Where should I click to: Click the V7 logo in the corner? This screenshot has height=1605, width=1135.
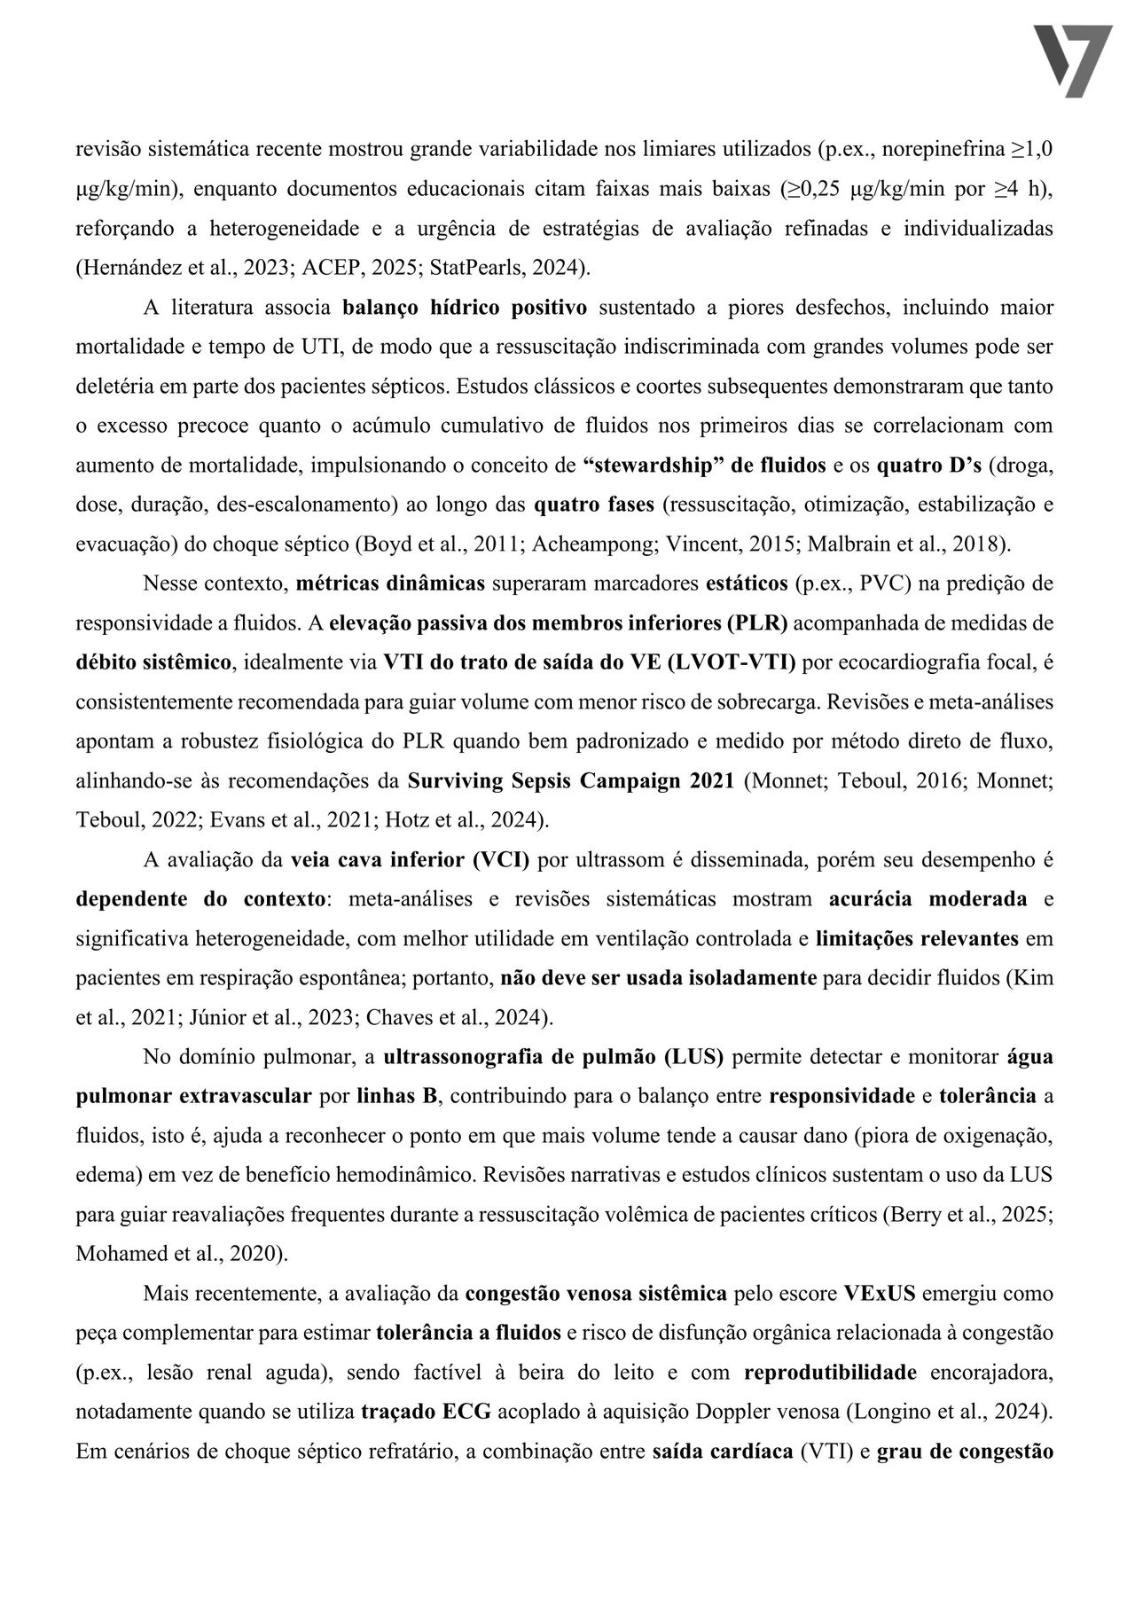(x=1073, y=60)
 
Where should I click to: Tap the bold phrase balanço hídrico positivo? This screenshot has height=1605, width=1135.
(x=465, y=308)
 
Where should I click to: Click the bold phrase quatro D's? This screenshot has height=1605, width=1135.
(x=928, y=465)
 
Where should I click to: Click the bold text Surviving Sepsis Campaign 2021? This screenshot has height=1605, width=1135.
(x=570, y=780)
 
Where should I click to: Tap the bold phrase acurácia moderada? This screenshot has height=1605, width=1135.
(x=928, y=899)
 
